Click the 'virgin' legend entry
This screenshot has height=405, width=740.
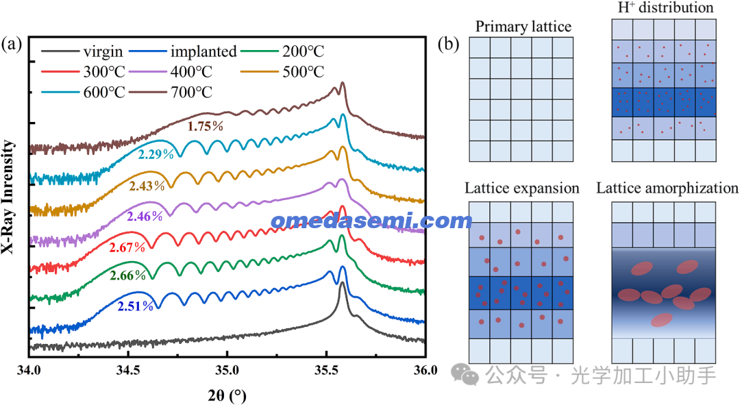(x=103, y=52)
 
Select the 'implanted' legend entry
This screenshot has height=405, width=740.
(x=203, y=52)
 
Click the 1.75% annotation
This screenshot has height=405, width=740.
(x=206, y=126)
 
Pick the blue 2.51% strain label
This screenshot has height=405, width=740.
(x=135, y=306)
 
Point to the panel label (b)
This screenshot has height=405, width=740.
(x=449, y=45)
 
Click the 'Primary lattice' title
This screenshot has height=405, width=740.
(x=522, y=27)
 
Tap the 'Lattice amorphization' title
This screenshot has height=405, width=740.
(x=667, y=188)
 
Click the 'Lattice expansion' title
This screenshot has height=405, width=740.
(x=522, y=188)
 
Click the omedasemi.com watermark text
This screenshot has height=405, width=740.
(x=371, y=221)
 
